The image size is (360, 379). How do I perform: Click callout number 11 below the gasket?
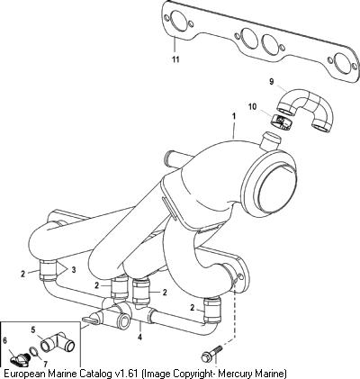pyautogui.click(x=175, y=59)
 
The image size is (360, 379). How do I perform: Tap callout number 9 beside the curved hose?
pyautogui.click(x=272, y=82)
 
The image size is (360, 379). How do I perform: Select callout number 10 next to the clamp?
pyautogui.click(x=253, y=106)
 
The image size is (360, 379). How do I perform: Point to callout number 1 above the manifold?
pyautogui.click(x=234, y=116)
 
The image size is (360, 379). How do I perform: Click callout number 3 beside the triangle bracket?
pyautogui.click(x=74, y=270)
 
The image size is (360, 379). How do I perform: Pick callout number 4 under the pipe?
pyautogui.click(x=139, y=337)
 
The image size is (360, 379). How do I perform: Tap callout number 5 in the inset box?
pyautogui.click(x=33, y=329)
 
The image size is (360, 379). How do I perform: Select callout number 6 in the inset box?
pyautogui.click(x=4, y=340)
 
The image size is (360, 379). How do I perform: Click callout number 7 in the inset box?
pyautogui.click(x=45, y=364)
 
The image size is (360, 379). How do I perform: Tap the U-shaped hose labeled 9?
pyautogui.click(x=304, y=112)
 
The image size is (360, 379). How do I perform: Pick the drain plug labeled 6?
pyautogui.click(x=20, y=357)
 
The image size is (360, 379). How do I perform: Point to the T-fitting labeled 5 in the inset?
pyautogui.click(x=58, y=343)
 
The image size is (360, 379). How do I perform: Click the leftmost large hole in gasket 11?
pyautogui.click(x=178, y=21)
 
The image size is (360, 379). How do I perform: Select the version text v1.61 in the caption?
pyautogui.click(x=127, y=374)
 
